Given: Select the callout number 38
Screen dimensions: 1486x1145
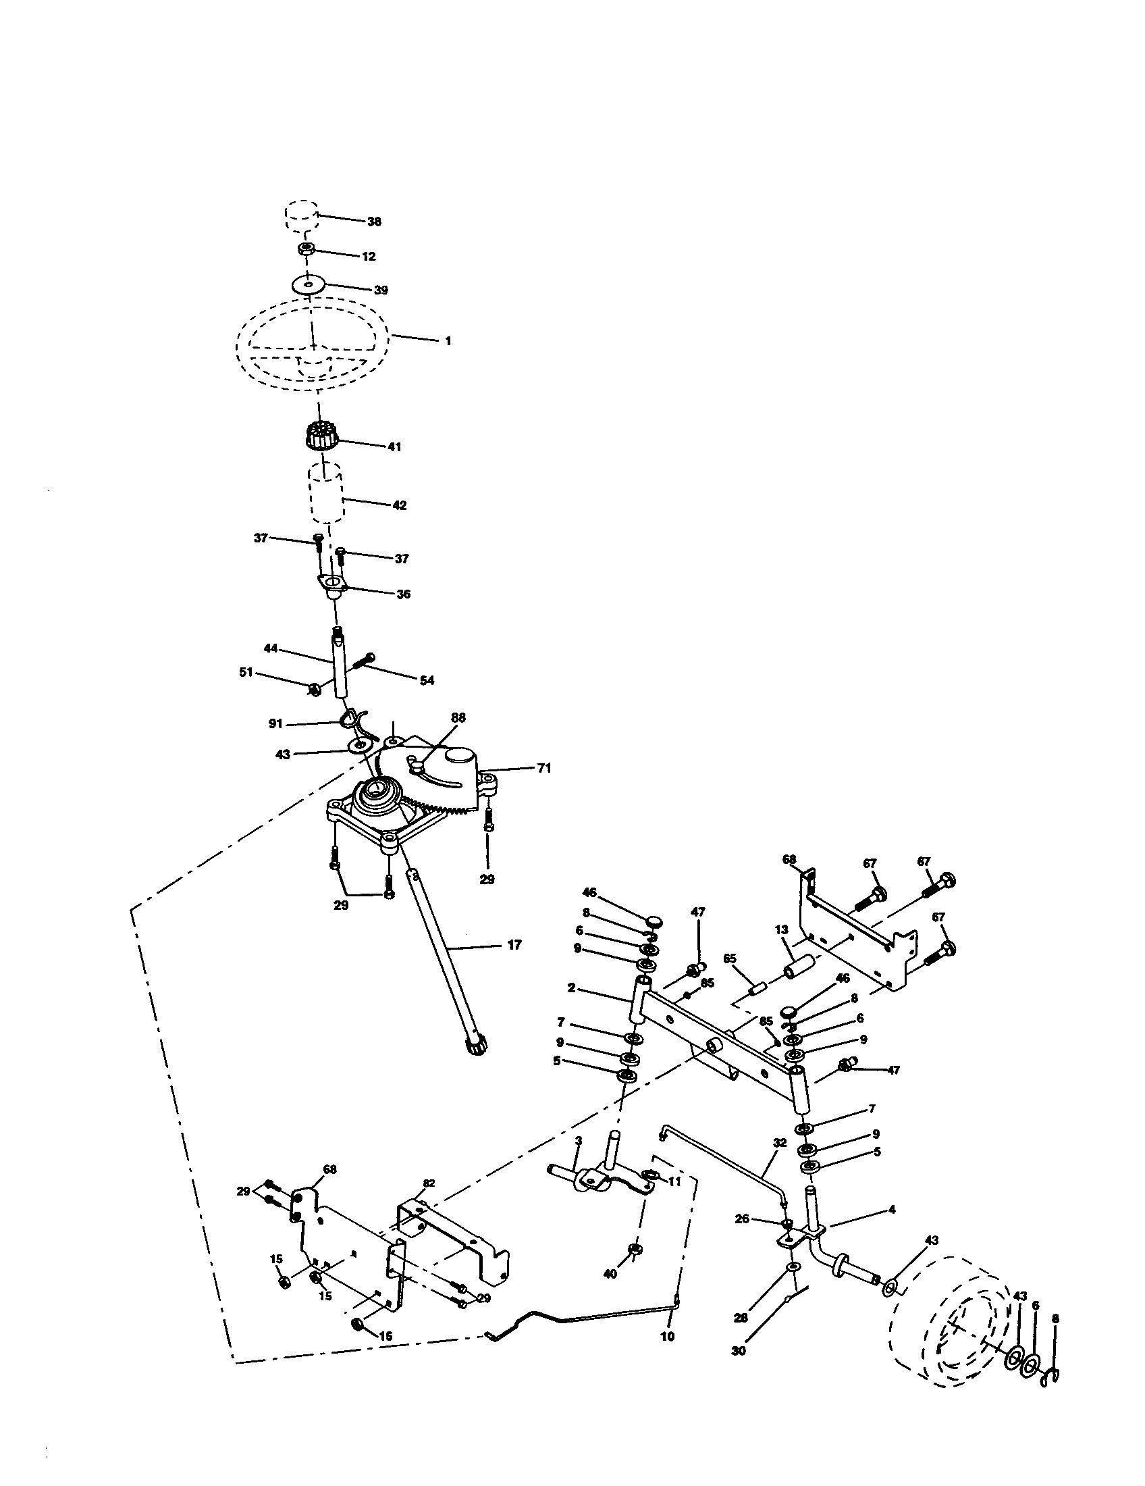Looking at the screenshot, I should [374, 222].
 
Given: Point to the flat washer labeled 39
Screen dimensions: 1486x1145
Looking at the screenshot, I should [309, 284].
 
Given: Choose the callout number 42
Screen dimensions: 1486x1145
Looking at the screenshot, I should [399, 505].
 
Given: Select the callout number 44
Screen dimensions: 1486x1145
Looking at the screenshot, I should [271, 648].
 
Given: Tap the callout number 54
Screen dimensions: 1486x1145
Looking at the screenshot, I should [426, 680].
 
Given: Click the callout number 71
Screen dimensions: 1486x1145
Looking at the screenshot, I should [543, 768].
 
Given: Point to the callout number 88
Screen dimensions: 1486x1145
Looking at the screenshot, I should [458, 718].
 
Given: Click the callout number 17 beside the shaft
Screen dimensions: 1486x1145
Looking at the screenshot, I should [514, 945].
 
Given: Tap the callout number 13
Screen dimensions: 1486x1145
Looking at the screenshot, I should [780, 948].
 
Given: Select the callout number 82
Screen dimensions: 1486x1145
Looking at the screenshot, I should [429, 1183].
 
